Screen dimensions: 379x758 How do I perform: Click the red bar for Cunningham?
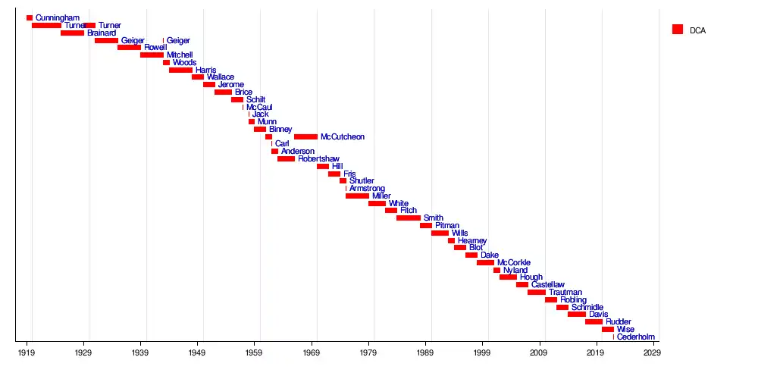[x=30, y=17]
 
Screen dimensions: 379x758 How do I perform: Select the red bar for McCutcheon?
[x=305, y=137]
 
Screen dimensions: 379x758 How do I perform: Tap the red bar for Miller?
[x=357, y=196]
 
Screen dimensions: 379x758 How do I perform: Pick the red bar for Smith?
[x=409, y=218]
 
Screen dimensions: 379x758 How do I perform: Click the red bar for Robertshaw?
[x=286, y=159]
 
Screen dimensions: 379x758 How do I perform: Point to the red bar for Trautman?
[x=537, y=292]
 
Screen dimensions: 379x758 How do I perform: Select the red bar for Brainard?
[x=72, y=33]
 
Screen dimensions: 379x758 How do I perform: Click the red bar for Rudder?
[x=594, y=321]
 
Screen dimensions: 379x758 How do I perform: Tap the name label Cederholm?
[x=636, y=337]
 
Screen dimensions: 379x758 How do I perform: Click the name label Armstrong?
[x=367, y=189]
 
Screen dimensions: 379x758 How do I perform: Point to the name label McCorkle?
[x=514, y=263]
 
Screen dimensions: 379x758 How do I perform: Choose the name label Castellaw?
[x=548, y=285]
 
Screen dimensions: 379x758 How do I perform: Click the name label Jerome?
[x=231, y=85]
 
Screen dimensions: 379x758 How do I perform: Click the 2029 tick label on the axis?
[x=652, y=353]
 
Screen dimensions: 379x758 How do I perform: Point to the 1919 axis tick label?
[x=27, y=353]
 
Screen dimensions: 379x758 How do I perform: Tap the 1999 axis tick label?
[x=482, y=353]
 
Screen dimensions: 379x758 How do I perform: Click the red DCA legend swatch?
[x=678, y=30]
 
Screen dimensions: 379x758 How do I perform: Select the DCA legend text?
[x=697, y=30]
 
